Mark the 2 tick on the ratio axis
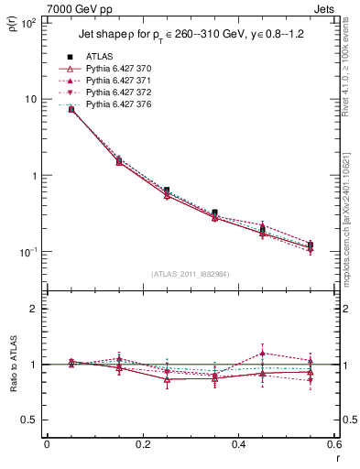[36, 309]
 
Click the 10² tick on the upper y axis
[28, 22]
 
